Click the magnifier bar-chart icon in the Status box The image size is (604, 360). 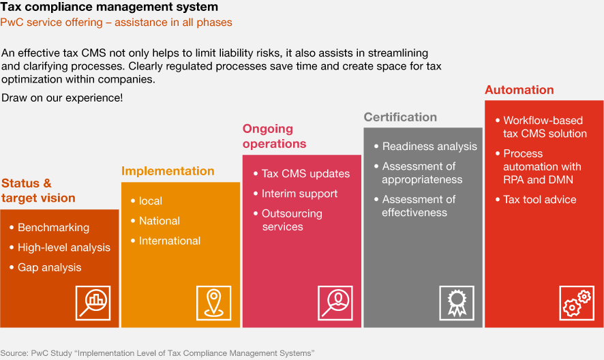[93, 303]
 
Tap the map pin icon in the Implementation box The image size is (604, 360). [214, 303]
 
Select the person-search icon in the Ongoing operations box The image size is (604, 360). [335, 303]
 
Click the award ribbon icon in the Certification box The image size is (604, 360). [457, 303]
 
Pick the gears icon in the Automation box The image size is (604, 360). [577, 303]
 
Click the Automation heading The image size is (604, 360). [519, 90]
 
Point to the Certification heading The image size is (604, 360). [400, 117]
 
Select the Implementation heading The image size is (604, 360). [168, 171]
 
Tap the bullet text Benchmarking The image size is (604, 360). [54, 228]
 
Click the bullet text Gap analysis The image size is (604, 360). [49, 267]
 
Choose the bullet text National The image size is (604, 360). [160, 221]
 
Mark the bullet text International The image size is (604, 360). [170, 241]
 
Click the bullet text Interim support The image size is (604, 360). [299, 194]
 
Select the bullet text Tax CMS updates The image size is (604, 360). [305, 174]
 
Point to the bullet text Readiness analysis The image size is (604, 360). [429, 147]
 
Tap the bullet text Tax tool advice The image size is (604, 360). [540, 200]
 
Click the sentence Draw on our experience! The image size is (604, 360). [62, 98]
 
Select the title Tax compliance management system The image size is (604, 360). [109, 7]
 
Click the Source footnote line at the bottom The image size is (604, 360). [157, 353]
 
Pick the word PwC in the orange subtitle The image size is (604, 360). [12, 22]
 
